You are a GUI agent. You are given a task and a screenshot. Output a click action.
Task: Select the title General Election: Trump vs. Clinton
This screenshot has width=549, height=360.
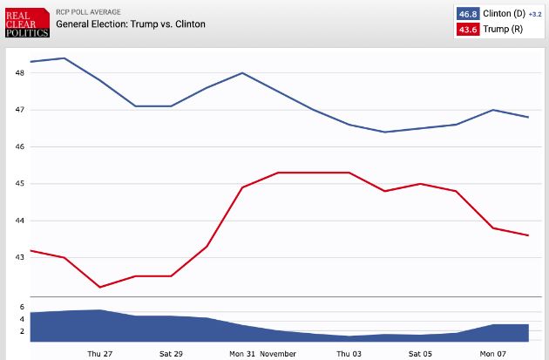pos(131,24)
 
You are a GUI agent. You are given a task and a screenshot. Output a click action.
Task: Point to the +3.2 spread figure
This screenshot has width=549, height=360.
pos(535,15)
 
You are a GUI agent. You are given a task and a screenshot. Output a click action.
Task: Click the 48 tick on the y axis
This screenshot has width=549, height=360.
pos(20,73)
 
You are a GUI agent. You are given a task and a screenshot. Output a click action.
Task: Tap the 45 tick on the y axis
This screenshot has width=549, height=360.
pos(20,184)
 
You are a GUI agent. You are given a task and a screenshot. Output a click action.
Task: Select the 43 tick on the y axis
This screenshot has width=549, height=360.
pos(20,258)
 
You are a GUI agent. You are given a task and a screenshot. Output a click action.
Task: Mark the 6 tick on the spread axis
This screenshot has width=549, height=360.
pos(22,308)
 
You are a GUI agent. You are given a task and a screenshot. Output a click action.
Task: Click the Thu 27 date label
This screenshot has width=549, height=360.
pos(100,354)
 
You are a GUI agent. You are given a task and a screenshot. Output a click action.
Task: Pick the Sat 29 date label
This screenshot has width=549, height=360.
pos(172,354)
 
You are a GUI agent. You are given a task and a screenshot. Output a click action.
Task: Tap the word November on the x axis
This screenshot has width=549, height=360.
pos(278,354)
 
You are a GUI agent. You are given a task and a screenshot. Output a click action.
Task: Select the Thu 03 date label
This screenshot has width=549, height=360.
pos(349,354)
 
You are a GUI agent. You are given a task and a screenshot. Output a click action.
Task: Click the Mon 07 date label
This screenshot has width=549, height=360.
pos(492,354)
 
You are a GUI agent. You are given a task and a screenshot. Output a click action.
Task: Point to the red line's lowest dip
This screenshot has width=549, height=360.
pos(100,287)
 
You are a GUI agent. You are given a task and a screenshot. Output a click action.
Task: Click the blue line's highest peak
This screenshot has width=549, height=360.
pos(65,58)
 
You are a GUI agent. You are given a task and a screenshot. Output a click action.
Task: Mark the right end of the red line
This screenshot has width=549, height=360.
pos(528,235)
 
